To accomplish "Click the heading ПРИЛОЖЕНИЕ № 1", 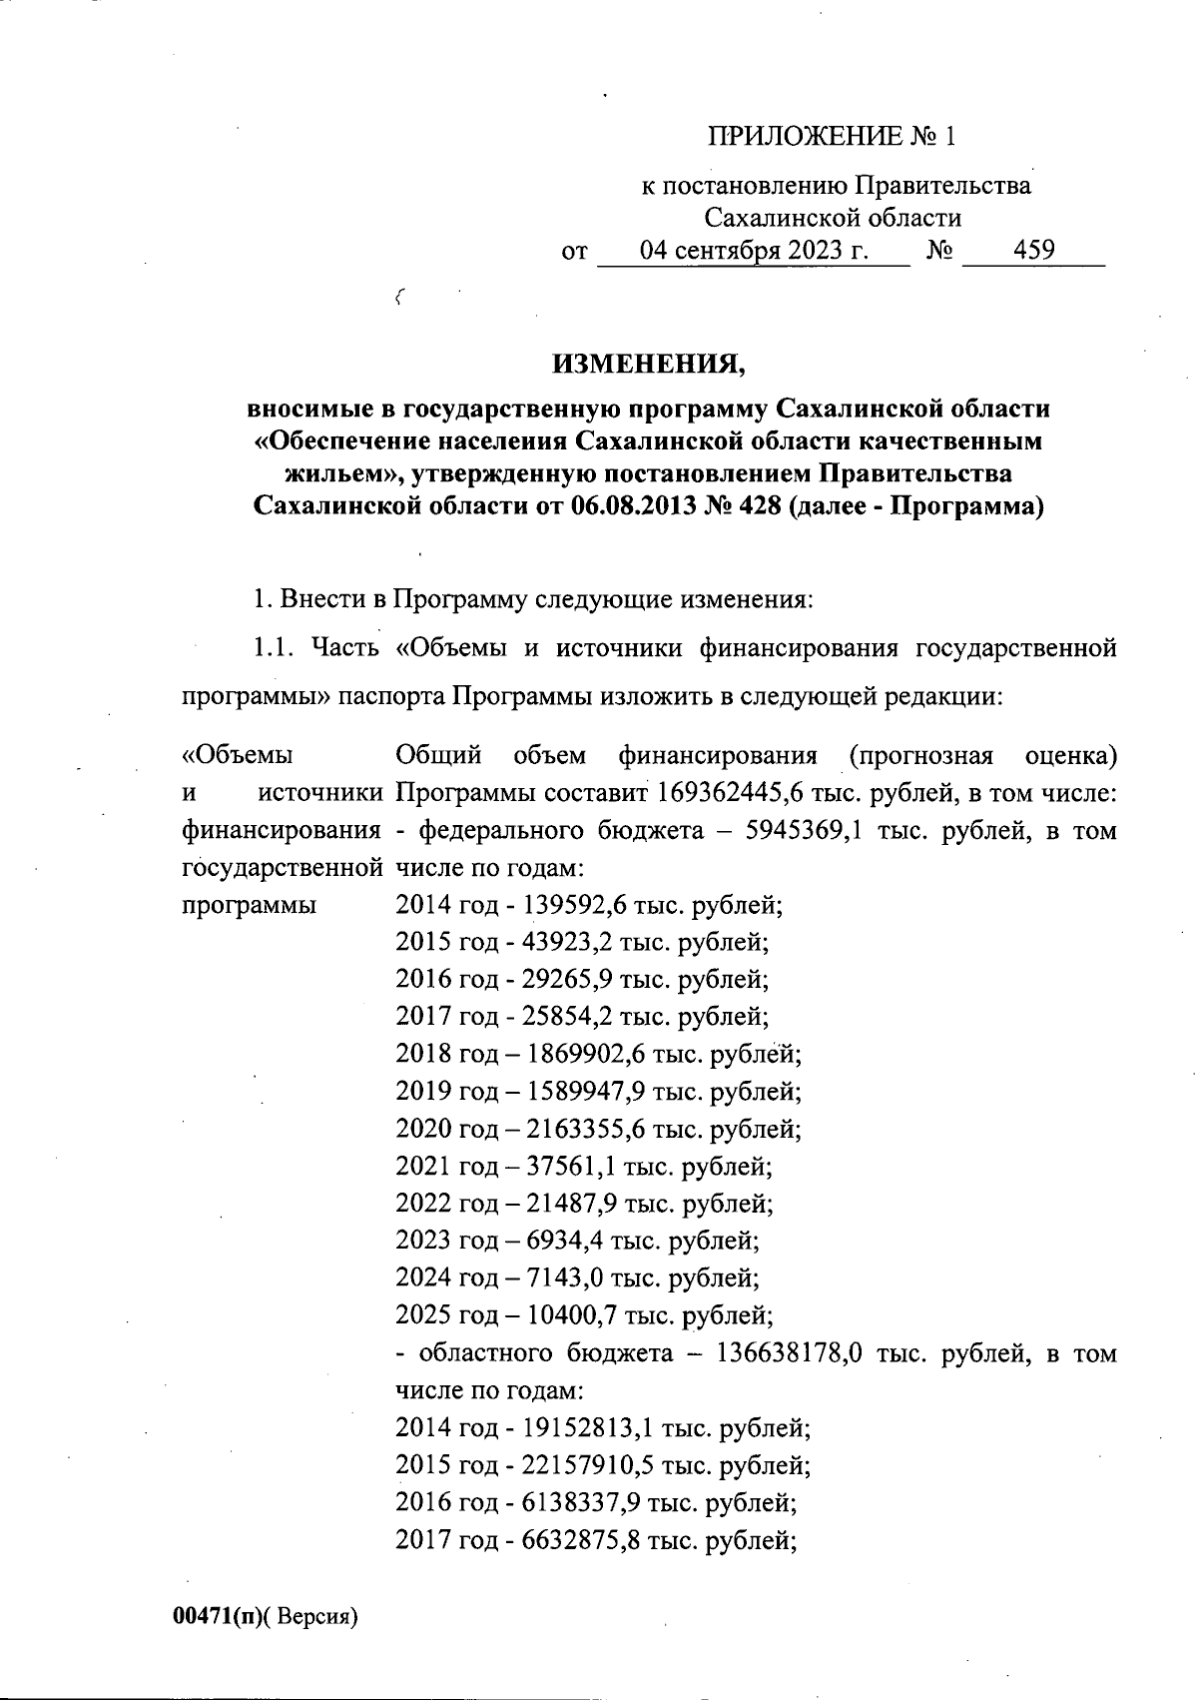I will click(832, 136).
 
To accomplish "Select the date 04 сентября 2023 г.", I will click(754, 250).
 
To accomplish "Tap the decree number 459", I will click(1033, 250).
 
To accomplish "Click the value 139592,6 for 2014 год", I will click(567, 906).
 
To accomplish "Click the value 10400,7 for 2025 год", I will click(562, 1314).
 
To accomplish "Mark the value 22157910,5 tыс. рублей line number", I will click(581, 1465).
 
